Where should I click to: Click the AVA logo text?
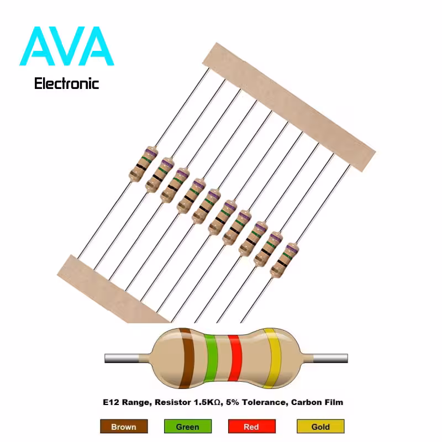point(66,46)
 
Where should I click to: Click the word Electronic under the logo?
point(66,84)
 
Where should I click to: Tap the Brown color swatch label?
point(124,427)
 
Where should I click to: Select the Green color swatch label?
point(188,427)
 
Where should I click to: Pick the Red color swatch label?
point(252,427)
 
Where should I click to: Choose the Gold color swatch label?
point(320,427)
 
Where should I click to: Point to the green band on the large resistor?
point(211,358)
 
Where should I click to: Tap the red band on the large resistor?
point(235,358)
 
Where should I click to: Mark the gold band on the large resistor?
point(273,358)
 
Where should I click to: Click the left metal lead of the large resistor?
point(122,358)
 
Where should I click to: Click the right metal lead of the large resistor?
point(330,358)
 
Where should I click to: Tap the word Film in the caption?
point(335,402)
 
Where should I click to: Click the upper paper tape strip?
point(289,107)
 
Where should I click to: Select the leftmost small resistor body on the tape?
point(143,164)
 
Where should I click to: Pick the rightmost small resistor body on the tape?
point(285,260)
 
